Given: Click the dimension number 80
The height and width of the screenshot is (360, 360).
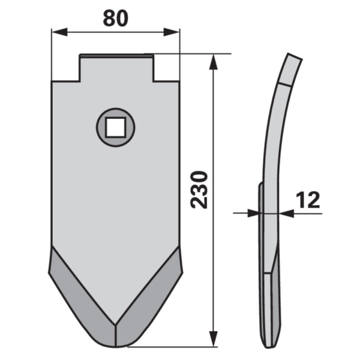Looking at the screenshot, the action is pyautogui.click(x=115, y=19).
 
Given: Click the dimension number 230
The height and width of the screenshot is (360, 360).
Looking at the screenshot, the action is pyautogui.click(x=199, y=190).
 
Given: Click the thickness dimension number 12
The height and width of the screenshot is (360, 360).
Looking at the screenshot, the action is pyautogui.click(x=308, y=200).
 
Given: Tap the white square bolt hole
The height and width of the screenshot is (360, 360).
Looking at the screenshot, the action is pyautogui.click(x=115, y=127).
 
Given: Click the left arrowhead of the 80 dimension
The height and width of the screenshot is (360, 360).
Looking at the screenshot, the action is pyautogui.click(x=59, y=32).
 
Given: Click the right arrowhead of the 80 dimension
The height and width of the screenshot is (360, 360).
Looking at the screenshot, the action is pyautogui.click(x=171, y=32).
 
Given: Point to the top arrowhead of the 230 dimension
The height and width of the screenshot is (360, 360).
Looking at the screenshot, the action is pyautogui.click(x=214, y=62).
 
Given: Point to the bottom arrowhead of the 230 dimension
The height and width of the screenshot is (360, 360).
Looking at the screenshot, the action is pyautogui.click(x=214, y=338).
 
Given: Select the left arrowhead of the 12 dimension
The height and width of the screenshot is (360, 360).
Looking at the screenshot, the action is pyautogui.click(x=253, y=214).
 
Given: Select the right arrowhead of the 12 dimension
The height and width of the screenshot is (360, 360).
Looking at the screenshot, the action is pyautogui.click(x=287, y=214).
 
